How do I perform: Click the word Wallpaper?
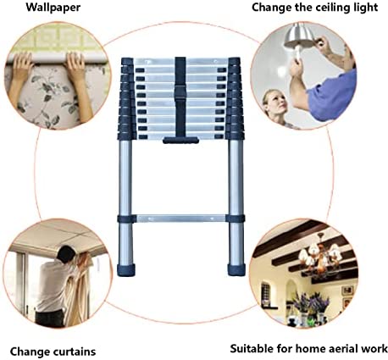[53, 8]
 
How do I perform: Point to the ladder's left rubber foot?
[126, 270]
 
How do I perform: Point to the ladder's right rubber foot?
[236, 270]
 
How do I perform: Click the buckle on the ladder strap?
[180, 94]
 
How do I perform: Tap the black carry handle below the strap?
[180, 141]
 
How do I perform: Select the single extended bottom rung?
[180, 219]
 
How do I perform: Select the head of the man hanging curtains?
[66, 253]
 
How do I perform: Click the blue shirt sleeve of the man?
[333, 96]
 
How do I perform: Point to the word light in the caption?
[366, 8]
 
